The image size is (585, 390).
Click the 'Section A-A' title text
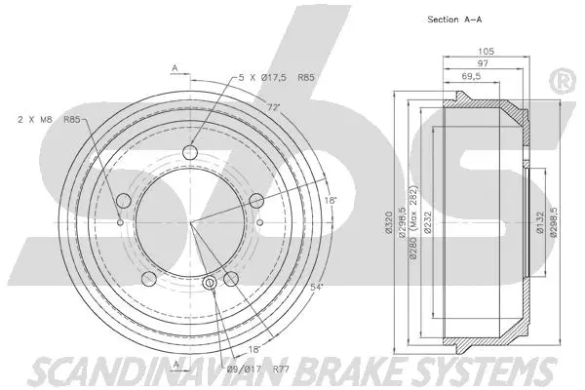(x=454, y=19)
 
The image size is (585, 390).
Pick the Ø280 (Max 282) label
(x=412, y=223)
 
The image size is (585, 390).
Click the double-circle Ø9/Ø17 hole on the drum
(x=211, y=284)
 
